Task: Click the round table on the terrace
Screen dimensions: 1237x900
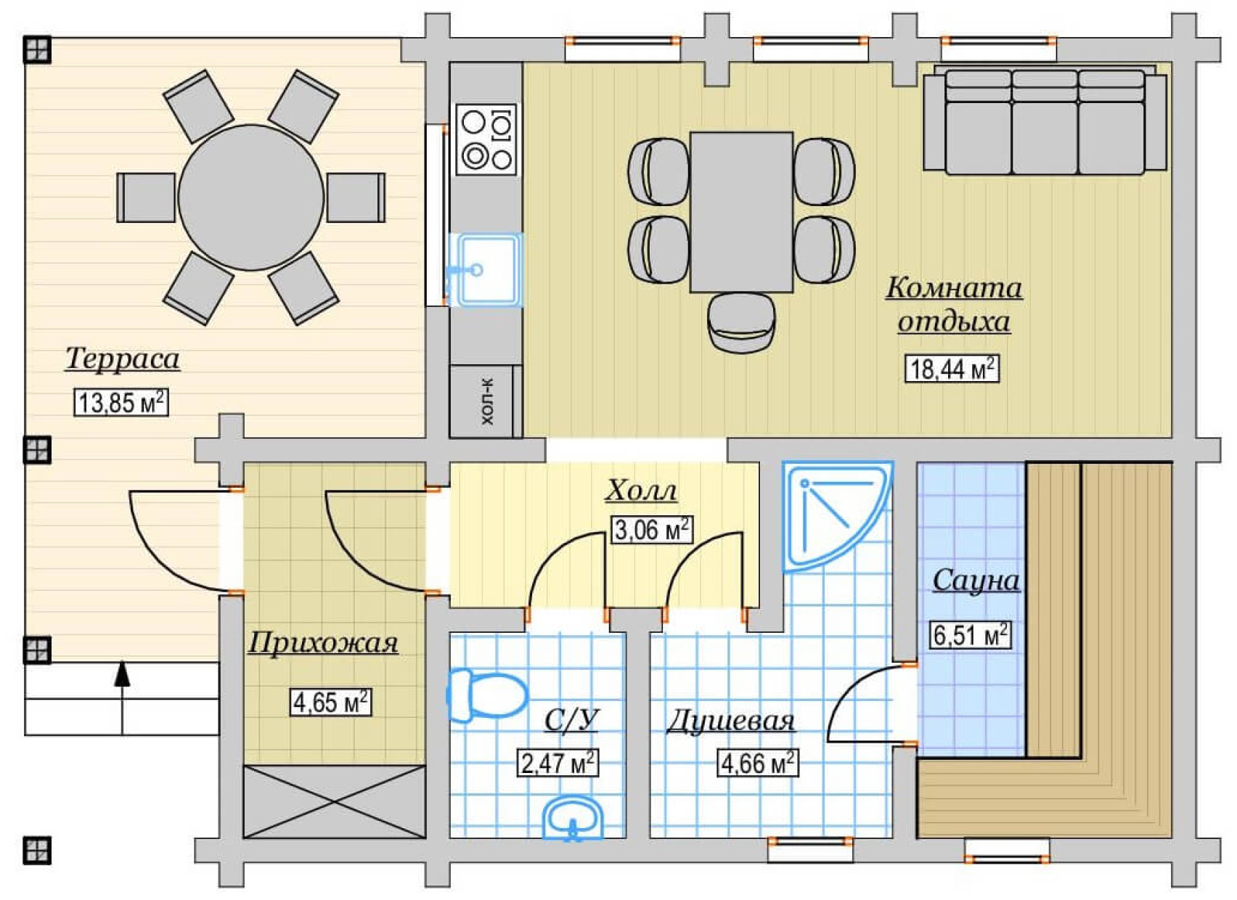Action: pyautogui.click(x=250, y=197)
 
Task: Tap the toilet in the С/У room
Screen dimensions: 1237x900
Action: pyautogui.click(x=486, y=695)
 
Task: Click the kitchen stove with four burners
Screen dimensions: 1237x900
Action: pyautogui.click(x=486, y=139)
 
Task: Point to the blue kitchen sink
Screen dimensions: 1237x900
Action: pyautogui.click(x=485, y=269)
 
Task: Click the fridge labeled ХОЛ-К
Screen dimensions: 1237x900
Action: pyautogui.click(x=486, y=401)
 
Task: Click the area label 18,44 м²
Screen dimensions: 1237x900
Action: pyautogui.click(x=952, y=368)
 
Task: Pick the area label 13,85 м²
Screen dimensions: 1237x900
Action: pyautogui.click(x=121, y=402)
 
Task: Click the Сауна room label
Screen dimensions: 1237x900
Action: pyautogui.click(x=976, y=581)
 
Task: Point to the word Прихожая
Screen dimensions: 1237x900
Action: pyautogui.click(x=323, y=642)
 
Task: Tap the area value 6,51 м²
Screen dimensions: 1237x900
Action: pyautogui.click(x=971, y=635)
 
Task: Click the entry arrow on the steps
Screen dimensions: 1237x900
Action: pyautogui.click(x=122, y=697)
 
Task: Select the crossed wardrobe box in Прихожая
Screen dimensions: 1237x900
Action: pyautogui.click(x=334, y=801)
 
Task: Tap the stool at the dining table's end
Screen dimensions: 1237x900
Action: pyautogui.click(x=742, y=322)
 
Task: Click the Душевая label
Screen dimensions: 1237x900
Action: pyautogui.click(x=731, y=721)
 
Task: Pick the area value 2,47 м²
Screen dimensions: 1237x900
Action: pyautogui.click(x=558, y=763)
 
